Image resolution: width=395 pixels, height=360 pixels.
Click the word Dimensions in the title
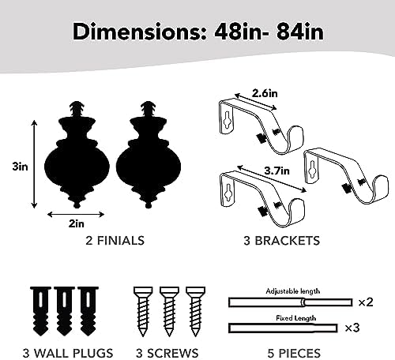pyautogui.click(x=140, y=32)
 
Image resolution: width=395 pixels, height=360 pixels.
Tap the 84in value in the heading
pyautogui.click(x=300, y=32)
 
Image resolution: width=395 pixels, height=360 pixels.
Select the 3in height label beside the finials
pyautogui.click(x=20, y=167)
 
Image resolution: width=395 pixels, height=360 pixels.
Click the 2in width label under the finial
pyautogui.click(x=77, y=223)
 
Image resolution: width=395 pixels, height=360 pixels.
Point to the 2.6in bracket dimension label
pyautogui.click(x=265, y=93)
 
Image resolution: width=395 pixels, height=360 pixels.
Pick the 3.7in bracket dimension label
pyautogui.click(x=276, y=171)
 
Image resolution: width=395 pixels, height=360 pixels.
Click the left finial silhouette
pyautogui.click(x=77, y=155)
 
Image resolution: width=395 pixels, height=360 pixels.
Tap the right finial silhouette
pyautogui.click(x=149, y=155)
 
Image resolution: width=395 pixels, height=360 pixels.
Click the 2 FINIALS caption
pyautogui.click(x=115, y=241)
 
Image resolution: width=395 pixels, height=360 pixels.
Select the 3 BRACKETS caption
pyautogui.click(x=282, y=241)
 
